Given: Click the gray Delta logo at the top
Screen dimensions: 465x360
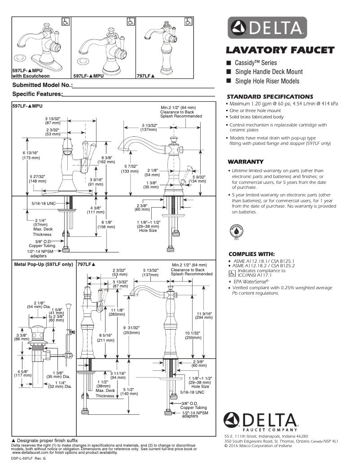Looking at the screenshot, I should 268,28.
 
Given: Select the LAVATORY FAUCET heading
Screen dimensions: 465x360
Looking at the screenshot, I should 280,50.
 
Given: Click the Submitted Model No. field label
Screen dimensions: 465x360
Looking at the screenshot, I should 42,85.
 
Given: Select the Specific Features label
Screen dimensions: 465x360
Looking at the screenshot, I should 37,94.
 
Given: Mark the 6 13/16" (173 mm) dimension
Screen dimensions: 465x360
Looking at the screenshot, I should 31,156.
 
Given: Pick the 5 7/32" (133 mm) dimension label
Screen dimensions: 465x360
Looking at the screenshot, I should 131,169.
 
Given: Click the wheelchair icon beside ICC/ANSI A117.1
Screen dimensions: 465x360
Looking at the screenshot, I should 232,273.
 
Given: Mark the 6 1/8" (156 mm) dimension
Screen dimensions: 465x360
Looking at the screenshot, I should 106,225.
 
